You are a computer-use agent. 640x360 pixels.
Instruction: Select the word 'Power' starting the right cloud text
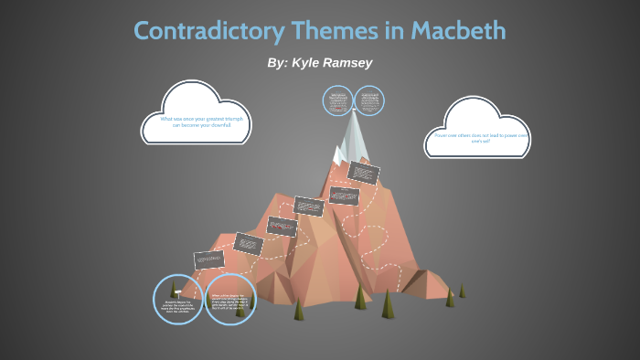pyautogui.click(x=440, y=135)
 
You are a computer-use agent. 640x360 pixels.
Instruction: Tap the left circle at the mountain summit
pyautogui.click(x=337, y=101)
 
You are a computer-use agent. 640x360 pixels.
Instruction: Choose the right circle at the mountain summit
pyautogui.click(x=369, y=101)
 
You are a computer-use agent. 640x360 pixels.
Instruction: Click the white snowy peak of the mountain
pyautogui.click(x=353, y=137)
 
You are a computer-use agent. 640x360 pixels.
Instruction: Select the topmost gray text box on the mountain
pyautogui.click(x=364, y=172)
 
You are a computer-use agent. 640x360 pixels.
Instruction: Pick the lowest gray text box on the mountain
pyautogui.click(x=209, y=259)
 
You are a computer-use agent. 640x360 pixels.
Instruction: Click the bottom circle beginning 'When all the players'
pyautogui.click(x=229, y=300)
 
